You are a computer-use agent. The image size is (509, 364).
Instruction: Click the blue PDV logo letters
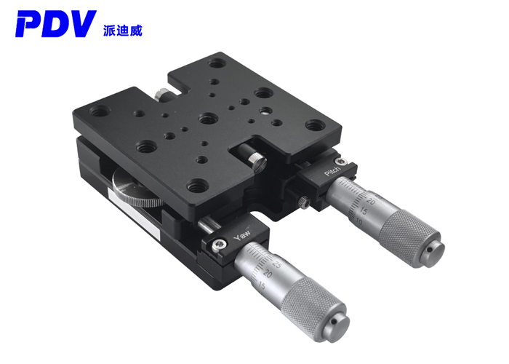tap(55, 23)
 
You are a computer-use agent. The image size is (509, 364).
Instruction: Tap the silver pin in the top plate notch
tap(253, 154)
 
